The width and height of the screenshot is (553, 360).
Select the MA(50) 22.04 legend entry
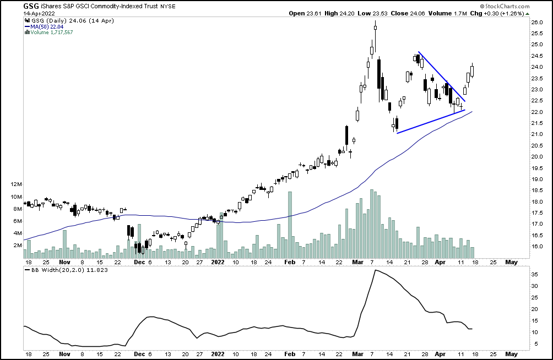click(49, 26)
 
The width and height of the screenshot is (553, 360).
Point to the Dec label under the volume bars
click(139, 263)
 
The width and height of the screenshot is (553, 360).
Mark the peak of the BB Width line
click(375, 270)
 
